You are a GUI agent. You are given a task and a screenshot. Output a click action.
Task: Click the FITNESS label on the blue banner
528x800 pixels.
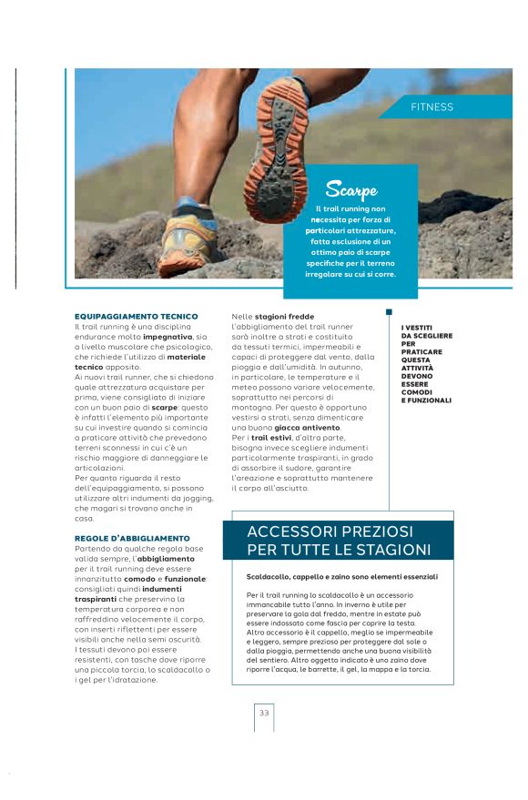[432, 107]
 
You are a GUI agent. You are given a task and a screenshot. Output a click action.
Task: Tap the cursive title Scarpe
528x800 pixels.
[351, 190]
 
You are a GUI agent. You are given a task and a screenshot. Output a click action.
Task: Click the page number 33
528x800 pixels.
[264, 713]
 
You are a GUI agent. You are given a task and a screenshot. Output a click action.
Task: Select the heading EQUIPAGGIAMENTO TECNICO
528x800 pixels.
[136, 317]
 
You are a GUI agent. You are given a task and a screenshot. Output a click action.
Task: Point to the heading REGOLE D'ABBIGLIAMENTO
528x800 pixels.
[132, 539]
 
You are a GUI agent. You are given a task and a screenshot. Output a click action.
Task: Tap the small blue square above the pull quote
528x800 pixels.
[390, 312]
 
